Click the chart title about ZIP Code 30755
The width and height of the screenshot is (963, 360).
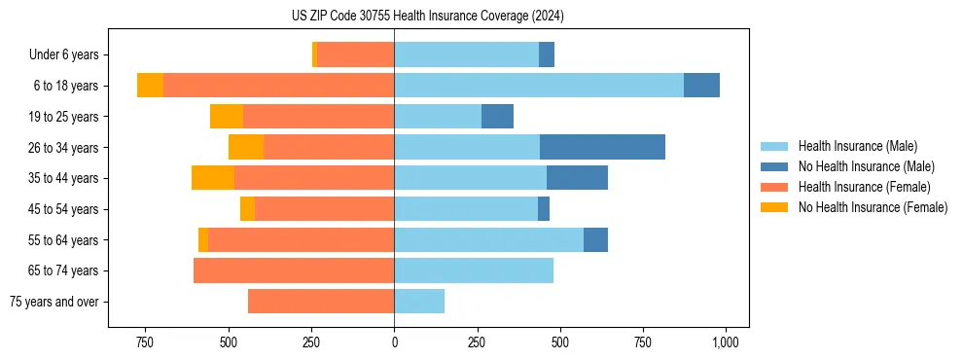click(428, 17)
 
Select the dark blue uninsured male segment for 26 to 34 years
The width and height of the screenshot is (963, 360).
click(602, 147)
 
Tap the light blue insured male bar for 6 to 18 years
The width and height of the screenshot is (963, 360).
click(539, 86)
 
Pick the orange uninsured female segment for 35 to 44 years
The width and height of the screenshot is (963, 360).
click(213, 178)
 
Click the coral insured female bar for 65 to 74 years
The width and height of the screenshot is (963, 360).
click(294, 270)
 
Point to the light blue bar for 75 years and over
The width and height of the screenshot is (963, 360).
click(419, 302)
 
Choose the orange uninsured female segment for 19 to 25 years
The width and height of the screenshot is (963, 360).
click(227, 117)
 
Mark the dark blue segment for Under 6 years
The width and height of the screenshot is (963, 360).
click(547, 54)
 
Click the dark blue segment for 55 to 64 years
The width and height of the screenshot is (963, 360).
click(595, 239)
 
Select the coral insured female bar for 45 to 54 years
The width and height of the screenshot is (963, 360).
click(324, 209)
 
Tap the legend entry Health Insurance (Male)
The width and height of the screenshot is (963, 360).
click(857, 147)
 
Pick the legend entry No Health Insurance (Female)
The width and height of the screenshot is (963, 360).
click(873, 207)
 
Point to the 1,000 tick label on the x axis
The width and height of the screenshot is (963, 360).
click(726, 342)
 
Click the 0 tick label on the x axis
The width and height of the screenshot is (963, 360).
click(394, 342)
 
